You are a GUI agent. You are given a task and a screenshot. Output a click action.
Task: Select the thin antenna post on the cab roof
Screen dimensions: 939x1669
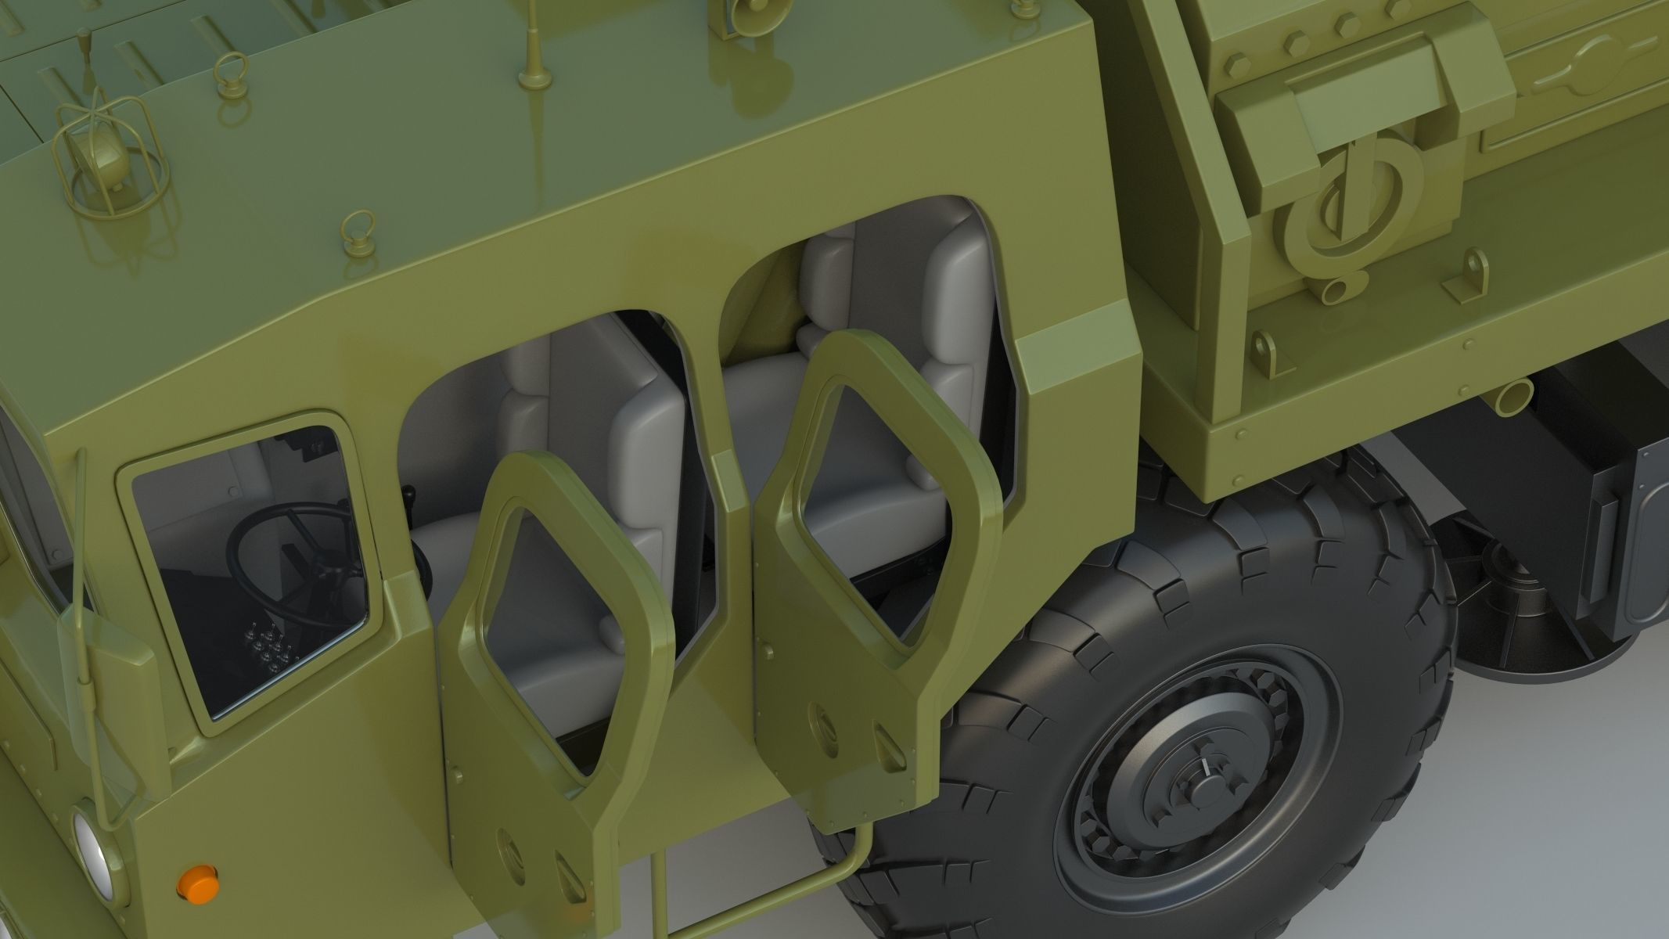click(533, 47)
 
